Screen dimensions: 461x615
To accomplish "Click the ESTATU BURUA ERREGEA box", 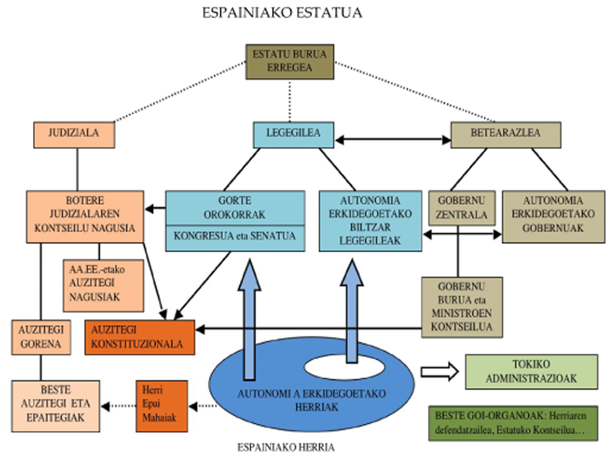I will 290,62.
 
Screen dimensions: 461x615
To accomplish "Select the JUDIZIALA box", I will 74,135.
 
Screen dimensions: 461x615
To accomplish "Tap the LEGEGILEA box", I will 294,135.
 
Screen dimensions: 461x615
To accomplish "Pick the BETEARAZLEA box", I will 506,135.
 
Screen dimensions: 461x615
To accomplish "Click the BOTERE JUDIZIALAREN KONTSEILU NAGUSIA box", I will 85,217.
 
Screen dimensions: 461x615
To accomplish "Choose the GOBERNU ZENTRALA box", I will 462,208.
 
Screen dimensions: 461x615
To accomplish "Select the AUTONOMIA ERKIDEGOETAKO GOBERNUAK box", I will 553,217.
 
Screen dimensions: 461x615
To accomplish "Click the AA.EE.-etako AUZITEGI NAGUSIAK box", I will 103,285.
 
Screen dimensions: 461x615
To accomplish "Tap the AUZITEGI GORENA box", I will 41,337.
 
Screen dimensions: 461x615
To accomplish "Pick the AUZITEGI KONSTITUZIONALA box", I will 140,337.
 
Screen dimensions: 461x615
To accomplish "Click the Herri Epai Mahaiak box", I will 162,406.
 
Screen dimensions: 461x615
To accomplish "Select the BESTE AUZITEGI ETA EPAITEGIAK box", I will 56,406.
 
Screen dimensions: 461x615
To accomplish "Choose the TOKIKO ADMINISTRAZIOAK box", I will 531,372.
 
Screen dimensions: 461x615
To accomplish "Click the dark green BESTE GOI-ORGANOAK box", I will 513,423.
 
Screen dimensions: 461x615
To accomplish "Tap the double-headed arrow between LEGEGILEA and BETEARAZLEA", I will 393,140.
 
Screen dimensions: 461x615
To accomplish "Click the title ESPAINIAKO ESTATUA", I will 282,13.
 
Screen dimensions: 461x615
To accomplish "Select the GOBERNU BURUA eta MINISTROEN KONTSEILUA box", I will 462,307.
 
